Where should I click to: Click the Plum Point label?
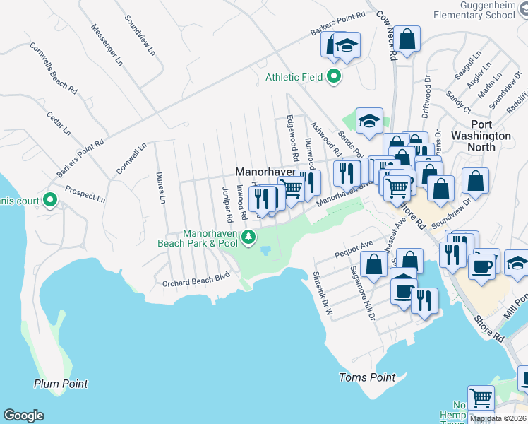[x=61, y=384]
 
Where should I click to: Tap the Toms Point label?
[x=367, y=377]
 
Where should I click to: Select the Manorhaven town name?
[x=263, y=172]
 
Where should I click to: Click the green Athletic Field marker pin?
[x=334, y=77]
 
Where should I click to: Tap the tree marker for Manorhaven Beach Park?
[x=248, y=237]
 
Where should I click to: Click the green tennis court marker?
[x=49, y=201]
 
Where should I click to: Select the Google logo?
[x=23, y=416]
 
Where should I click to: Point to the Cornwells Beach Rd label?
[x=53, y=68]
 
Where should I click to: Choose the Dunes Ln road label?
[x=161, y=189]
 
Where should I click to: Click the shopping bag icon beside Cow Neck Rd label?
[x=407, y=39]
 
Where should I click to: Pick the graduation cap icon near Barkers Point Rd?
[x=347, y=45]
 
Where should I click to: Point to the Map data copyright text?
[x=498, y=418]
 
